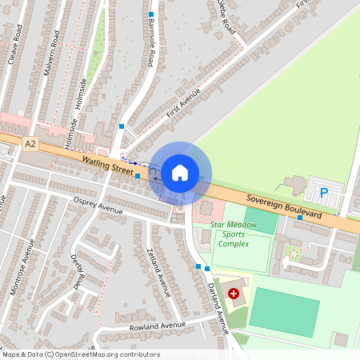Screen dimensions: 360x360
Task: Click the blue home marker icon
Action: pos(180,172)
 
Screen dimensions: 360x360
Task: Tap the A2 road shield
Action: pos(30,144)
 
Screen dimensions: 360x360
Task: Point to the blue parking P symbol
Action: pos(324,192)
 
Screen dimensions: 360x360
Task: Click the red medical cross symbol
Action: pos(234,294)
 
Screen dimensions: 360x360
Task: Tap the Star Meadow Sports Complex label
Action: pos(234,234)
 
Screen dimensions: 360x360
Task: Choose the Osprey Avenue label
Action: pos(97,205)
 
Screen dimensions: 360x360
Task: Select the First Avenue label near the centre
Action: pos(183,104)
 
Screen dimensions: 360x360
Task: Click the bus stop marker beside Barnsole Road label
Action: pos(150,14)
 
